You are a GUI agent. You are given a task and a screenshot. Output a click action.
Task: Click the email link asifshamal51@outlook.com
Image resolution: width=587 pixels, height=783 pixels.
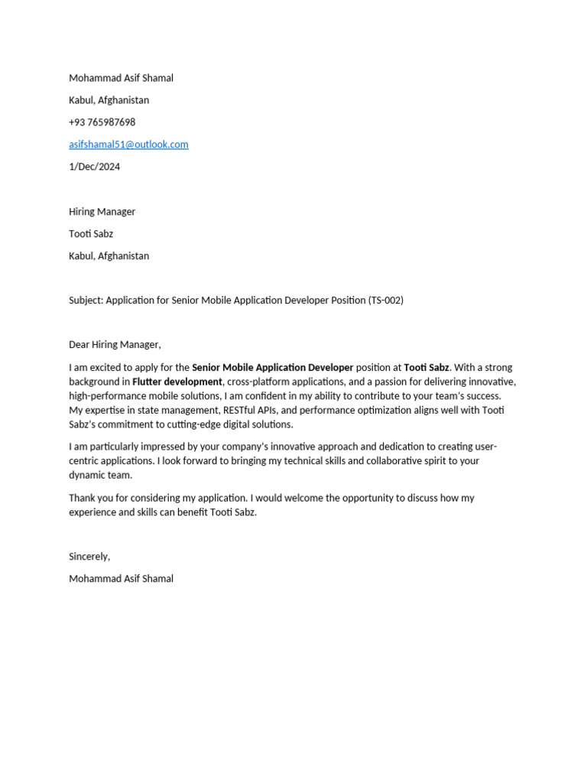[x=128, y=145]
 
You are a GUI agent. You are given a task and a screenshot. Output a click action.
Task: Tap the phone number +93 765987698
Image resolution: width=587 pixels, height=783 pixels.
[x=102, y=122]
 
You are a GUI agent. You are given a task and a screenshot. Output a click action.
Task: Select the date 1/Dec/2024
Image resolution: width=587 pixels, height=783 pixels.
[x=94, y=167]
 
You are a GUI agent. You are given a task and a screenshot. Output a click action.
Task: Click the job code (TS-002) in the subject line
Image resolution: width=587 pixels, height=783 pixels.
[x=386, y=301]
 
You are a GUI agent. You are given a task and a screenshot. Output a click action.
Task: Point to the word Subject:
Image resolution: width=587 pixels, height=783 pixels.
[x=86, y=301]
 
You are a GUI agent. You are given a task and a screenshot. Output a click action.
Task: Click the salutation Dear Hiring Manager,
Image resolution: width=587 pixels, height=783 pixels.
[x=115, y=345]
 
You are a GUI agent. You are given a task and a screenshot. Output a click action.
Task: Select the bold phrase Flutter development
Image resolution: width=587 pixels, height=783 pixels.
[x=177, y=382]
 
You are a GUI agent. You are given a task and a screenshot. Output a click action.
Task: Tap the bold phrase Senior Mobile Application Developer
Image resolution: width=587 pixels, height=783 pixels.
[x=272, y=368]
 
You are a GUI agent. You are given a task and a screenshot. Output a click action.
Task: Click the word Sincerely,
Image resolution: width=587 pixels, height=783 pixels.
[x=89, y=557]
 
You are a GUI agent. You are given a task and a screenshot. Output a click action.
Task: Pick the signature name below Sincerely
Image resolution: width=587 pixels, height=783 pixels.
[x=121, y=579]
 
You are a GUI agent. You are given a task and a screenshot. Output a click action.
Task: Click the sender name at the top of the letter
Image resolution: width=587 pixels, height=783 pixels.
[x=121, y=78]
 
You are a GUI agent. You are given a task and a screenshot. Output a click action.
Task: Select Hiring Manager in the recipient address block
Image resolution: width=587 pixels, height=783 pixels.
[x=102, y=212]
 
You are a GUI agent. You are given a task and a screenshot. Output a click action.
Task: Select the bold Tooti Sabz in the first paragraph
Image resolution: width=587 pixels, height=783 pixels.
[x=426, y=368]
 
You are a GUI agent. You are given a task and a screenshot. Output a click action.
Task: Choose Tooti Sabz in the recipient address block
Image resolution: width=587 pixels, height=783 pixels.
[x=91, y=234]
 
